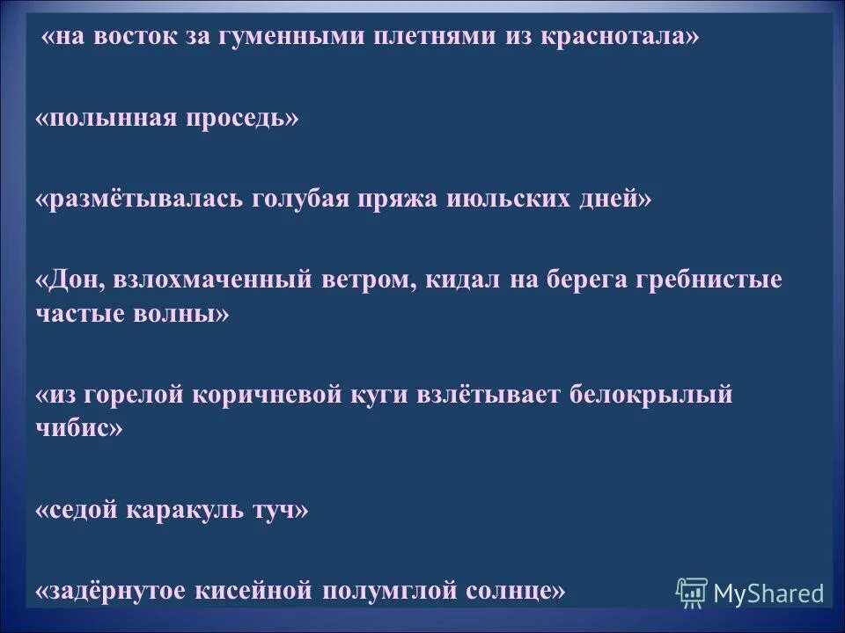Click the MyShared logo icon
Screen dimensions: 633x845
tap(691, 593)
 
